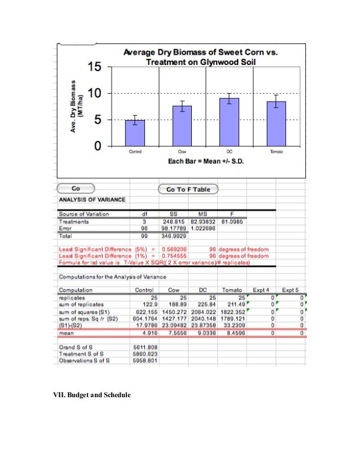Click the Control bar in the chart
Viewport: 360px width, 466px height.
[x=135, y=133]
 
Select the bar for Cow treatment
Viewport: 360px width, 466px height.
[x=182, y=126]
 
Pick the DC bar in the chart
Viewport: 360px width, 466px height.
[x=229, y=122]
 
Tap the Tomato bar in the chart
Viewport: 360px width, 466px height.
[x=276, y=124]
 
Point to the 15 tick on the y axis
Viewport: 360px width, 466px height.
[x=96, y=67]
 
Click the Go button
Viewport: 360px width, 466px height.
[x=76, y=188]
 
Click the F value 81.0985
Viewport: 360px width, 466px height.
[x=232, y=222]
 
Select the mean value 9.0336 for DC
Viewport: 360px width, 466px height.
[x=206, y=333]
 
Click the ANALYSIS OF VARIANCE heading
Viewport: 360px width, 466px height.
[x=93, y=200]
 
